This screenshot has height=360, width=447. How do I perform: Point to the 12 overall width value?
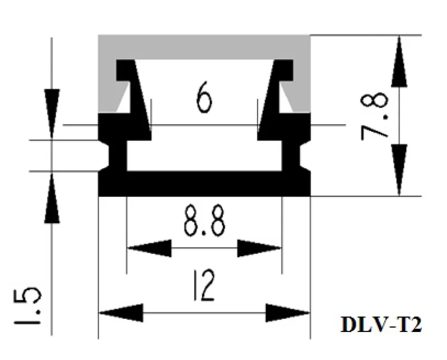[204, 286]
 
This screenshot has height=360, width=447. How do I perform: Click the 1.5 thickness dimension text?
[30, 307]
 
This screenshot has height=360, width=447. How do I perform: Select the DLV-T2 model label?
[381, 325]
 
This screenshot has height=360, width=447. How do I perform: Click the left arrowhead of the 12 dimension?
[121, 311]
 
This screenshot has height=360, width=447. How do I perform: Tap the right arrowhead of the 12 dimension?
[288, 311]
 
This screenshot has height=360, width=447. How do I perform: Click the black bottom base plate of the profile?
[204, 184]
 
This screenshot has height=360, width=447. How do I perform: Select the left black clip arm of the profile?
[134, 95]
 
